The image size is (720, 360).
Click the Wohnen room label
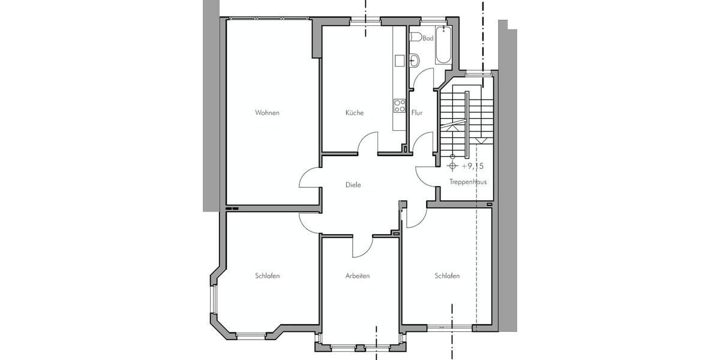coord(267,113)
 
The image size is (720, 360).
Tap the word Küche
coord(354,113)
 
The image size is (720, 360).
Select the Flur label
coord(417,113)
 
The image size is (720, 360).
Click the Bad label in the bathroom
coord(428,38)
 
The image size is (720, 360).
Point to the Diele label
coord(353,185)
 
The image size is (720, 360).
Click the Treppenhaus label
coord(467,181)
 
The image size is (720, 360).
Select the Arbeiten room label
coord(357,276)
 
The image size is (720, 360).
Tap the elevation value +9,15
coord(474,166)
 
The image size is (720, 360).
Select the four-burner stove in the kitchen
coord(399,106)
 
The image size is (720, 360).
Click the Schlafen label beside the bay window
coord(267,276)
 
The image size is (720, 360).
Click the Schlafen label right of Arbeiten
coord(447,276)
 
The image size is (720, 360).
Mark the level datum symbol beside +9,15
coord(452,166)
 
